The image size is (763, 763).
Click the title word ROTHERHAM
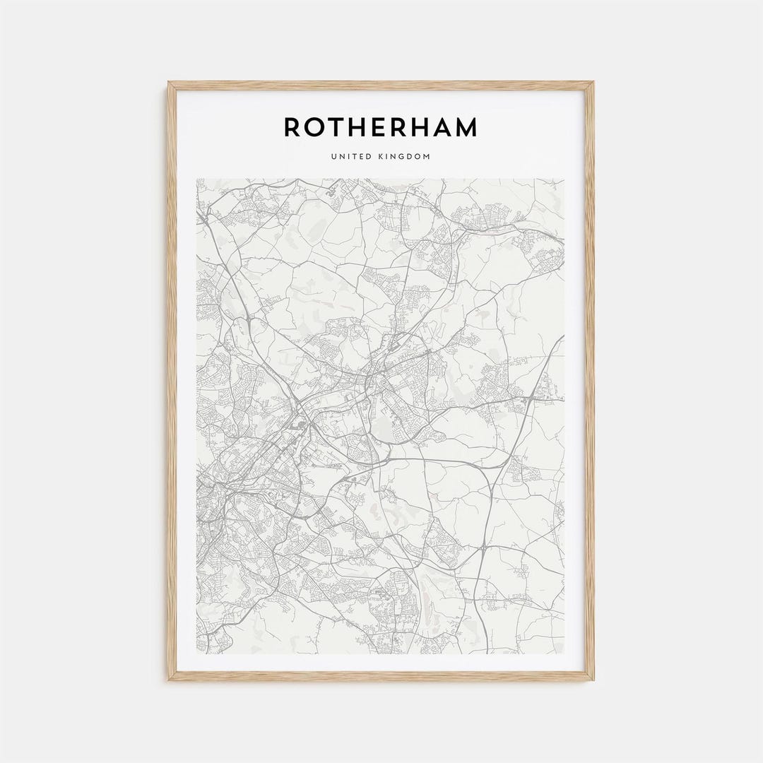[381, 127]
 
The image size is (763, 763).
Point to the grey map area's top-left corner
[196, 179]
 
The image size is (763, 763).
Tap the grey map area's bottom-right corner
[564, 653]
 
